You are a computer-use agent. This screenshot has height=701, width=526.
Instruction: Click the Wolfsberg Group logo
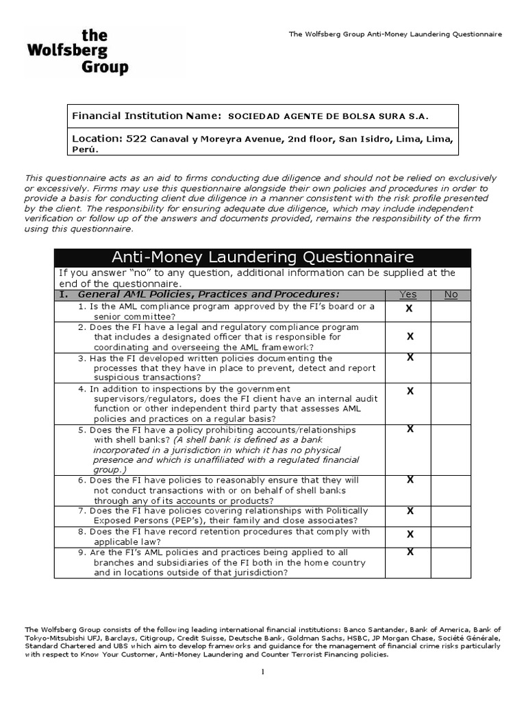[x=77, y=52]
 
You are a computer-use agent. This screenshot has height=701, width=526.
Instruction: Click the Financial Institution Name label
[x=147, y=116]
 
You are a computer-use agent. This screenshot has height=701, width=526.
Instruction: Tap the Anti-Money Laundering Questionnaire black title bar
[x=262, y=257]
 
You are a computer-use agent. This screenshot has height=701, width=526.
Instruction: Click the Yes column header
[x=408, y=294]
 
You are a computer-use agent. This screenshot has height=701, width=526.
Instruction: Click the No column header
[x=451, y=294]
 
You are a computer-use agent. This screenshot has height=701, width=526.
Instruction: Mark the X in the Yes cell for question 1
[x=410, y=309]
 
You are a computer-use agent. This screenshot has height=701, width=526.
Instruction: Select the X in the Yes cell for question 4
[x=410, y=391]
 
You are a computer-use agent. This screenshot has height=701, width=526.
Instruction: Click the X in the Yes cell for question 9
[x=410, y=552]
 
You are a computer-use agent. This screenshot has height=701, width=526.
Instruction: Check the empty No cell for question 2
[x=451, y=337]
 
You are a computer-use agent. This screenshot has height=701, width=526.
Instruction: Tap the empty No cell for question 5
[x=451, y=449]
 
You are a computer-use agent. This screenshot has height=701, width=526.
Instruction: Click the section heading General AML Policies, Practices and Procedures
[x=209, y=294]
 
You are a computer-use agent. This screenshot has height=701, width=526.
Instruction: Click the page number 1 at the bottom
[x=262, y=672]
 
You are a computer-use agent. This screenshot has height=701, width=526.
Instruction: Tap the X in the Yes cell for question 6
[x=410, y=480]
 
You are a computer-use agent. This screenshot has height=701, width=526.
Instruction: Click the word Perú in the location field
[x=85, y=149]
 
